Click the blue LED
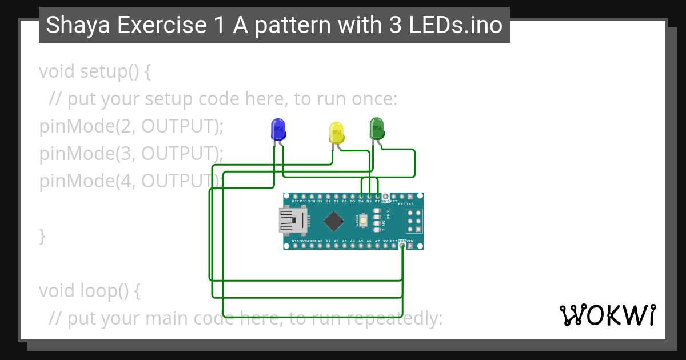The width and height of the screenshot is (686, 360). [278, 130]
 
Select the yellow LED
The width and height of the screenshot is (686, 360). [337, 133]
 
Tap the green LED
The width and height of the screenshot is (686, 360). [377, 128]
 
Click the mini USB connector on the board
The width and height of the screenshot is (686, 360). [292, 221]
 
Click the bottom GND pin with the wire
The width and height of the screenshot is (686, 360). [402, 246]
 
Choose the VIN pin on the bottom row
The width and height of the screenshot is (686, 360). [410, 246]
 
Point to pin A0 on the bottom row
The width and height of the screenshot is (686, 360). [320, 246]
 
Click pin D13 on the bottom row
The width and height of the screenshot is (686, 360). [295, 246]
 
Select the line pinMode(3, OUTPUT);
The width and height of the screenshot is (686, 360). [131, 153]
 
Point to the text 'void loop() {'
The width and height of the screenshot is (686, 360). [90, 291]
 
